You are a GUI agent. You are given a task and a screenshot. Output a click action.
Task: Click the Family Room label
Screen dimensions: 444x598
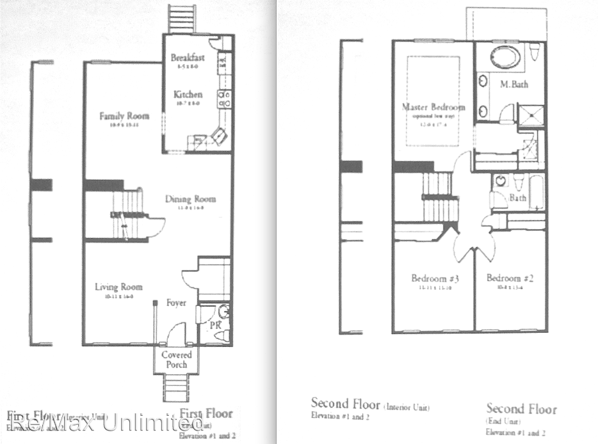click(124, 116)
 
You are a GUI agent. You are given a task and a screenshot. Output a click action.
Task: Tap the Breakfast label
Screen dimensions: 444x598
click(188, 58)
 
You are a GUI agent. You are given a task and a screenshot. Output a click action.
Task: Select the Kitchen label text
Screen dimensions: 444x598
click(188, 94)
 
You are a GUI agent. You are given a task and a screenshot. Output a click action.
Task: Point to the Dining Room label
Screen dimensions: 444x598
click(190, 199)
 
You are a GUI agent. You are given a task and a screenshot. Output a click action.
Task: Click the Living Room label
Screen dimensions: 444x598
click(118, 287)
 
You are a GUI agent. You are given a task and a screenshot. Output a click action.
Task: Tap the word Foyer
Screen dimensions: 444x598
click(176, 302)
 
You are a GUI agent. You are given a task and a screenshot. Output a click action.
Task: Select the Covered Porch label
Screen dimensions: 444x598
click(176, 360)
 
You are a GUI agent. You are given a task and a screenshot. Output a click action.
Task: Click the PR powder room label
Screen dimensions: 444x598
click(215, 326)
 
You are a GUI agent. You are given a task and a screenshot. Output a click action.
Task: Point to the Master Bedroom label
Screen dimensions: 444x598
click(433, 107)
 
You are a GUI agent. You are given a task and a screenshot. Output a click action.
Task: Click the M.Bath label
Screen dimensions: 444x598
click(513, 84)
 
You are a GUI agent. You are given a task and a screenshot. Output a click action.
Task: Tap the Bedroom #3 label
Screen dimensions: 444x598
click(433, 278)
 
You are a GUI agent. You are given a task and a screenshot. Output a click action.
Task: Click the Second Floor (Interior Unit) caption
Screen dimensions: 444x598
click(369, 404)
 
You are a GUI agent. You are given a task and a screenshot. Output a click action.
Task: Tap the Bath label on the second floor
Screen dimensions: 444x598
click(517, 198)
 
